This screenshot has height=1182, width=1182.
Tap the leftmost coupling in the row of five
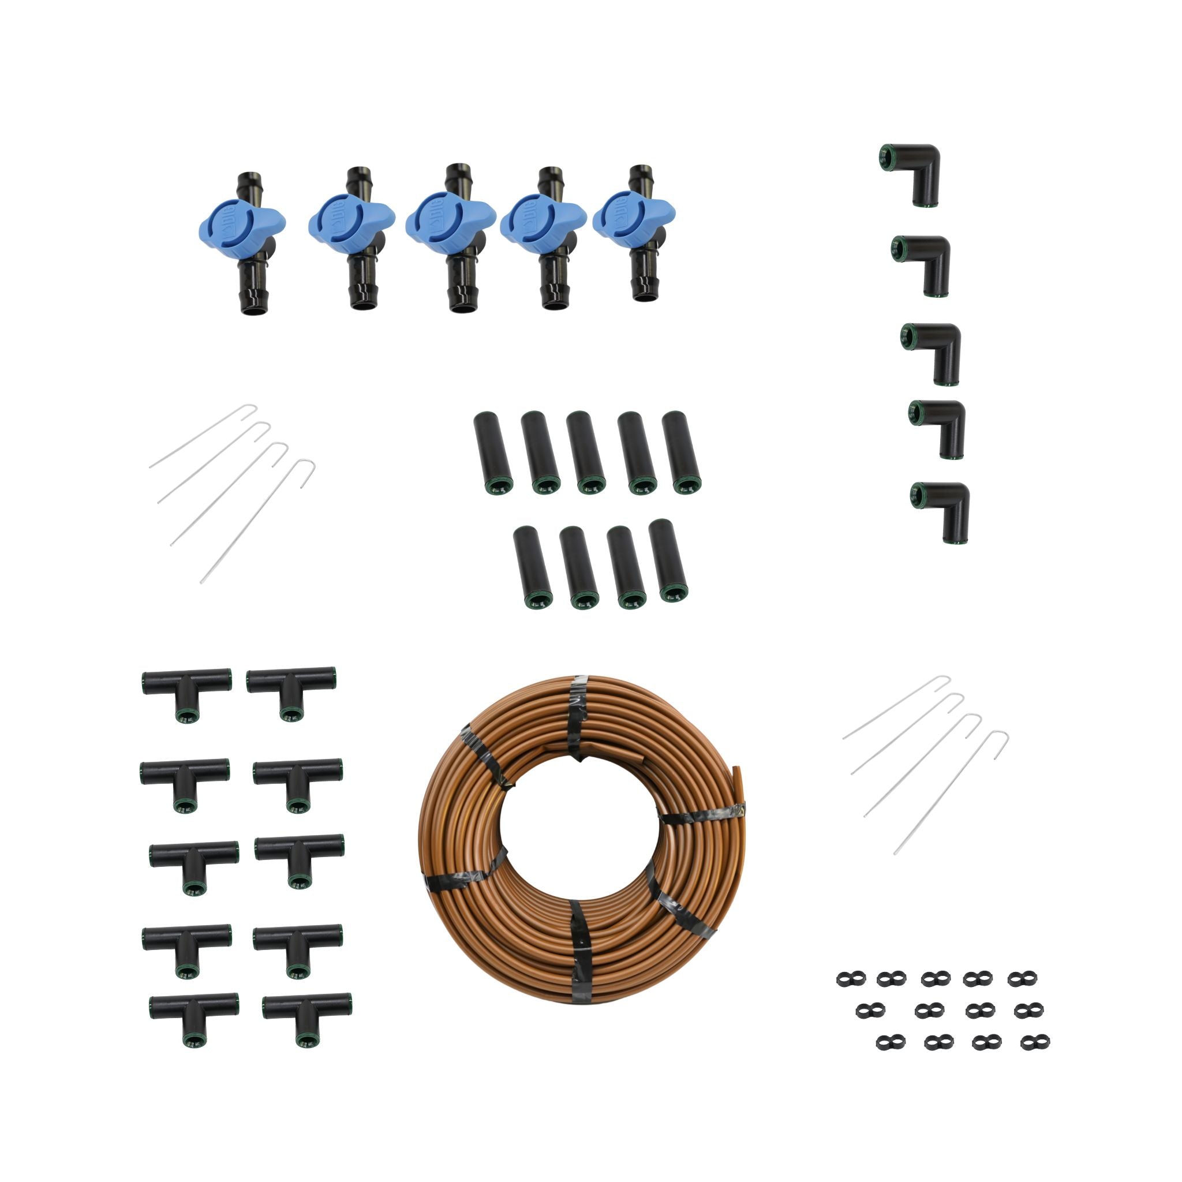click(493, 452)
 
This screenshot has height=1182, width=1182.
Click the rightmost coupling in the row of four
click(668, 559)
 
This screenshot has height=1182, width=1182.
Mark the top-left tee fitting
click(186, 692)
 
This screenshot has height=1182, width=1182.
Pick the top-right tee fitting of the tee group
click(291, 691)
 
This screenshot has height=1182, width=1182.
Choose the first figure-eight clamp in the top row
click(847, 979)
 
